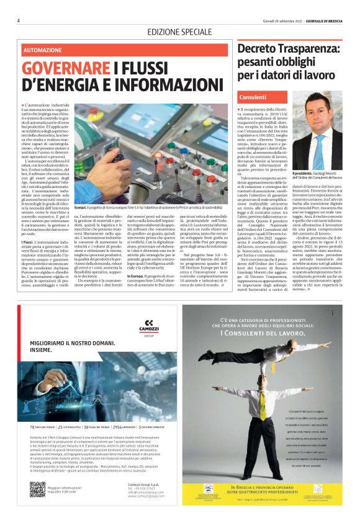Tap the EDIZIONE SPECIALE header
point(179,31)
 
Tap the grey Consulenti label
point(253,97)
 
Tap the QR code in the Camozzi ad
point(37,489)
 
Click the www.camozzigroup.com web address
point(142,496)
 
